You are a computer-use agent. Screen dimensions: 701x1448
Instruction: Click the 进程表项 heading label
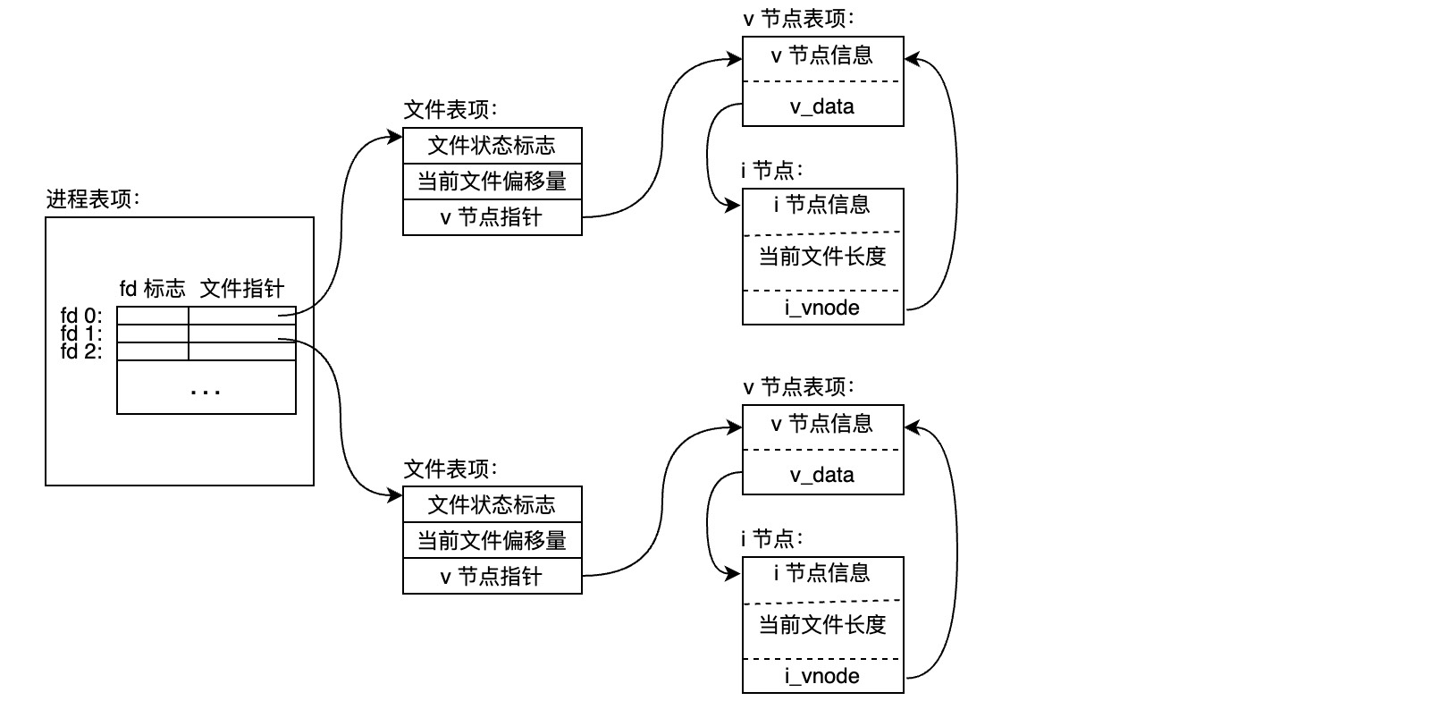tap(93, 199)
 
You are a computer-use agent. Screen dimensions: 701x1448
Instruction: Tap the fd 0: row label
tap(81, 316)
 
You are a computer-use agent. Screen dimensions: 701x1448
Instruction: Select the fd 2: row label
tap(81, 351)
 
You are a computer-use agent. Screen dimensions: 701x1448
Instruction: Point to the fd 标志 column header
tap(152, 289)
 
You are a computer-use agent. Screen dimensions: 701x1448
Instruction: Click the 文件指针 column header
tap(241, 289)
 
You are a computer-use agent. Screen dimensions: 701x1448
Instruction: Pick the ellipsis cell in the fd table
tap(206, 388)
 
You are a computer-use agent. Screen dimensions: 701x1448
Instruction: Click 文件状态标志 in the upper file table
tap(492, 146)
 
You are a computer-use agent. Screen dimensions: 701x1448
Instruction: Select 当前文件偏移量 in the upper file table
tap(492, 182)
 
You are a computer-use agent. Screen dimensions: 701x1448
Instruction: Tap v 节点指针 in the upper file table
tap(492, 217)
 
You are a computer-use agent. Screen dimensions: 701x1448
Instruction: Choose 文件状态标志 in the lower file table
tap(492, 505)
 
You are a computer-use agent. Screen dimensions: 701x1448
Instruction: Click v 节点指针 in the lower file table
tap(492, 577)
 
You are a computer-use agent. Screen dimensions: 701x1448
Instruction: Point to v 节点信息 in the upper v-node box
tap(822, 56)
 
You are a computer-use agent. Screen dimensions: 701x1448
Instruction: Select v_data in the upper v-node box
tap(822, 107)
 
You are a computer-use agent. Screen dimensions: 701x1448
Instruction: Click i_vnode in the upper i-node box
tap(822, 308)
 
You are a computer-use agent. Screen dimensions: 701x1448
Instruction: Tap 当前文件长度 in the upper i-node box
tap(822, 258)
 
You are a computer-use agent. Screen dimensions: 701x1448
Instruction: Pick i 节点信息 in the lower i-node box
tap(822, 573)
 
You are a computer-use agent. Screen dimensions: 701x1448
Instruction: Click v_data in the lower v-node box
tap(822, 476)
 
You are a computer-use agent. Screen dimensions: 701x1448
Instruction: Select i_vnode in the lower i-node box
tap(822, 677)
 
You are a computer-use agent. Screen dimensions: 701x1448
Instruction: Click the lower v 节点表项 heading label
tap(798, 387)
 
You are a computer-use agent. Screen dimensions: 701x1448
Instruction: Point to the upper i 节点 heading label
tap(771, 170)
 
